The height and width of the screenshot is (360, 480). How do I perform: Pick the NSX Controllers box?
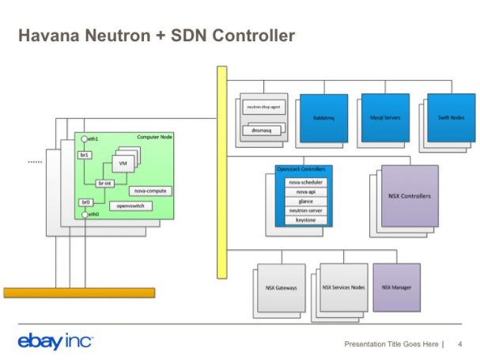409,195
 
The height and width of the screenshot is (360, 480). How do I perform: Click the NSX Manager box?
395,287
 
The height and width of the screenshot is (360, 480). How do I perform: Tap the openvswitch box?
129,206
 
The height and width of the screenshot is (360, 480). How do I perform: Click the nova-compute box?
149,191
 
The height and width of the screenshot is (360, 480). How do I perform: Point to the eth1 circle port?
83,139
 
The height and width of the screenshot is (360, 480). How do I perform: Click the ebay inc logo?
55,342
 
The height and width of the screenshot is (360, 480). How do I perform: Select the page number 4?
459,343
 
